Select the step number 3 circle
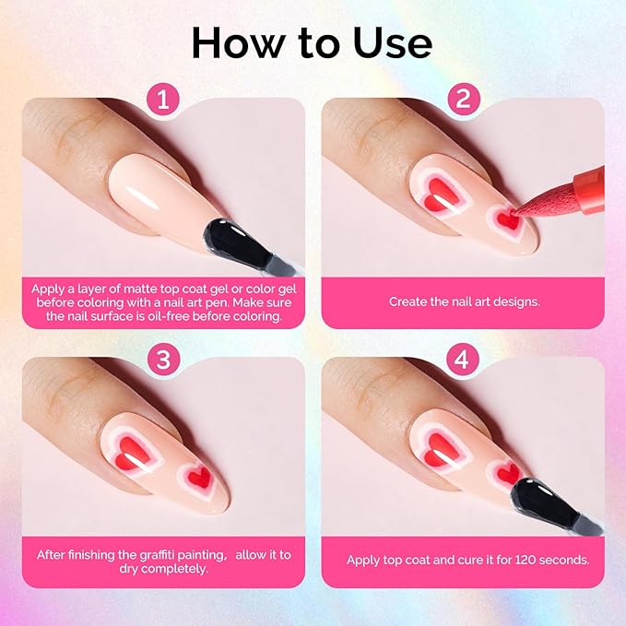(x=162, y=360)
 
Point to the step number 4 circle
(x=463, y=360)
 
